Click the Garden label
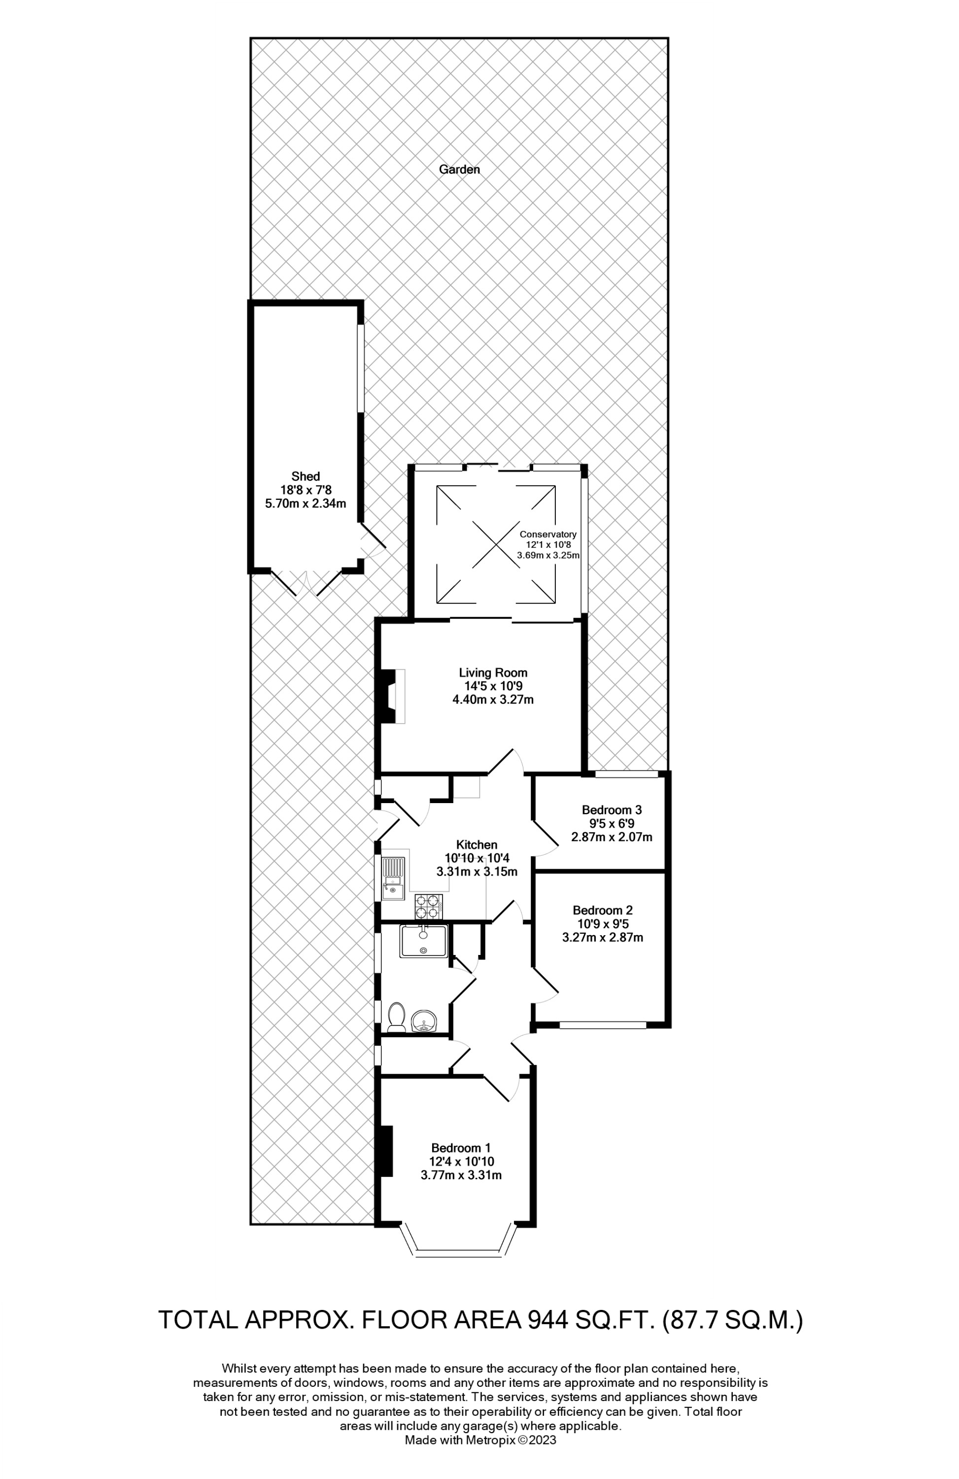pyautogui.click(x=459, y=169)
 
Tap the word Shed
pyautogui.click(x=306, y=477)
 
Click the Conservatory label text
pyautogui.click(x=548, y=534)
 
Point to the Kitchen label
pyautogui.click(x=477, y=845)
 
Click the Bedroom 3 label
pyautogui.click(x=611, y=810)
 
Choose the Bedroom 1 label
pyautogui.click(x=461, y=1148)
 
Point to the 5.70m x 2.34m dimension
pyautogui.click(x=306, y=504)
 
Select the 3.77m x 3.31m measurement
pyautogui.click(x=461, y=1175)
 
